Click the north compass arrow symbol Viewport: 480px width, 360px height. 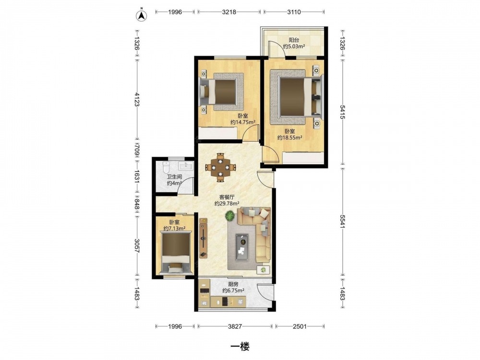142,15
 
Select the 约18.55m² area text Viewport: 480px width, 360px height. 289,138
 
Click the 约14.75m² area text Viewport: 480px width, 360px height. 243,122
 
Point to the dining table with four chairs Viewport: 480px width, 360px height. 220,168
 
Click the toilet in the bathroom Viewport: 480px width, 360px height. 166,167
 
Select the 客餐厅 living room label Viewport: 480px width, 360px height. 227,197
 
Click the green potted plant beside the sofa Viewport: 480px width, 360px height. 230,216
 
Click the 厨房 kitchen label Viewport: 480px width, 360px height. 233,284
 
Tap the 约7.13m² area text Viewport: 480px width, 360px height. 175,228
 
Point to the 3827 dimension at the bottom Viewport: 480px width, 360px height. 235,326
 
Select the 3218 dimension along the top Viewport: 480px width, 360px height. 229,12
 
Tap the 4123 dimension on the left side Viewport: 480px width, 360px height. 136,99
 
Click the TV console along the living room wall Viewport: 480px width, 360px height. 203,238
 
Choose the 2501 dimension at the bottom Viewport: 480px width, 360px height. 300,326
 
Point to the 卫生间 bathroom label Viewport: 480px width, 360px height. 175,177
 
